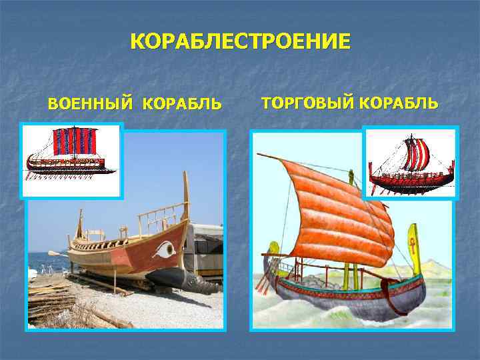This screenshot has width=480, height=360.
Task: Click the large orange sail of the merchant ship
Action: (x=333, y=207)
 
